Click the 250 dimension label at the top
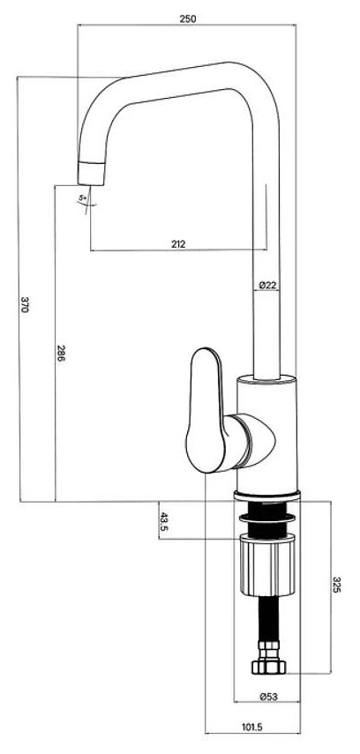(188, 19)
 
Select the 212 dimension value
(178, 243)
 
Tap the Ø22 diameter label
(267, 285)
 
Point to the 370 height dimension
(25, 304)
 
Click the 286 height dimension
(61, 353)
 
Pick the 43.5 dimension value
(163, 521)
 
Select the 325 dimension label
(336, 585)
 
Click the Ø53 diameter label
(268, 696)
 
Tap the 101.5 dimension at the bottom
(251, 728)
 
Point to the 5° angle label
(83, 198)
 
